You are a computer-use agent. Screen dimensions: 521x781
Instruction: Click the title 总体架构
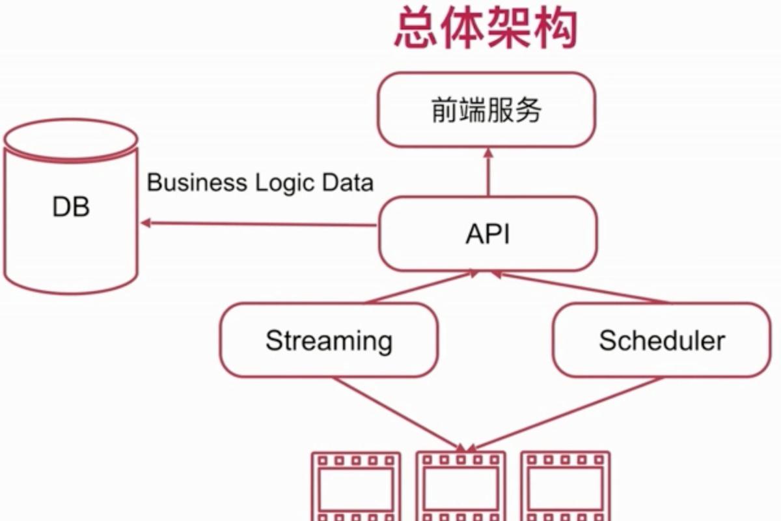(x=486, y=29)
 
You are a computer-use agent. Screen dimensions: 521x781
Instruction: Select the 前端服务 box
(x=486, y=110)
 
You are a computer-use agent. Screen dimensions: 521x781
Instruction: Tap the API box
(x=487, y=234)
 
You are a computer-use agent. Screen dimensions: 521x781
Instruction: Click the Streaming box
(x=329, y=341)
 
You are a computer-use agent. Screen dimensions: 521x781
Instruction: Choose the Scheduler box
(x=661, y=341)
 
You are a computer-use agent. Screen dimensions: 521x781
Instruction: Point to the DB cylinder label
(x=71, y=208)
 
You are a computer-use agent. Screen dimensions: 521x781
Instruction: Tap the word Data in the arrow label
(x=348, y=182)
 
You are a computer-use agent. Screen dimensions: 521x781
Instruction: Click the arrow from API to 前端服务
(x=488, y=172)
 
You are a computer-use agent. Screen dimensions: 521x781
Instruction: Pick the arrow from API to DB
(x=260, y=224)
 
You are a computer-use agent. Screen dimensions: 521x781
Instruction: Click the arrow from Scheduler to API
(x=579, y=287)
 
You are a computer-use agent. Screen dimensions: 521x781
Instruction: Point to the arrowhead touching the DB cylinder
(x=146, y=223)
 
